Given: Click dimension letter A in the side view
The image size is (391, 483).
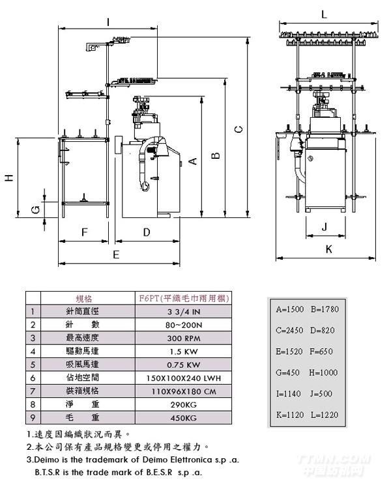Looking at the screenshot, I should click(192, 161).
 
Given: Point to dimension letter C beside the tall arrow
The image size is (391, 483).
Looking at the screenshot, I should click(239, 129).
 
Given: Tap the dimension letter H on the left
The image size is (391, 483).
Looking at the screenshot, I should click(8, 177).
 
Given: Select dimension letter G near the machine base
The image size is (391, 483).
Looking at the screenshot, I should click(36, 209).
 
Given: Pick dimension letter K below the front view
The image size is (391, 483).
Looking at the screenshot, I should click(328, 249).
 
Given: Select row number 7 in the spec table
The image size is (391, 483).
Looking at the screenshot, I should click(32, 391).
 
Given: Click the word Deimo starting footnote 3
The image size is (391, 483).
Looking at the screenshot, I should click(45, 460).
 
